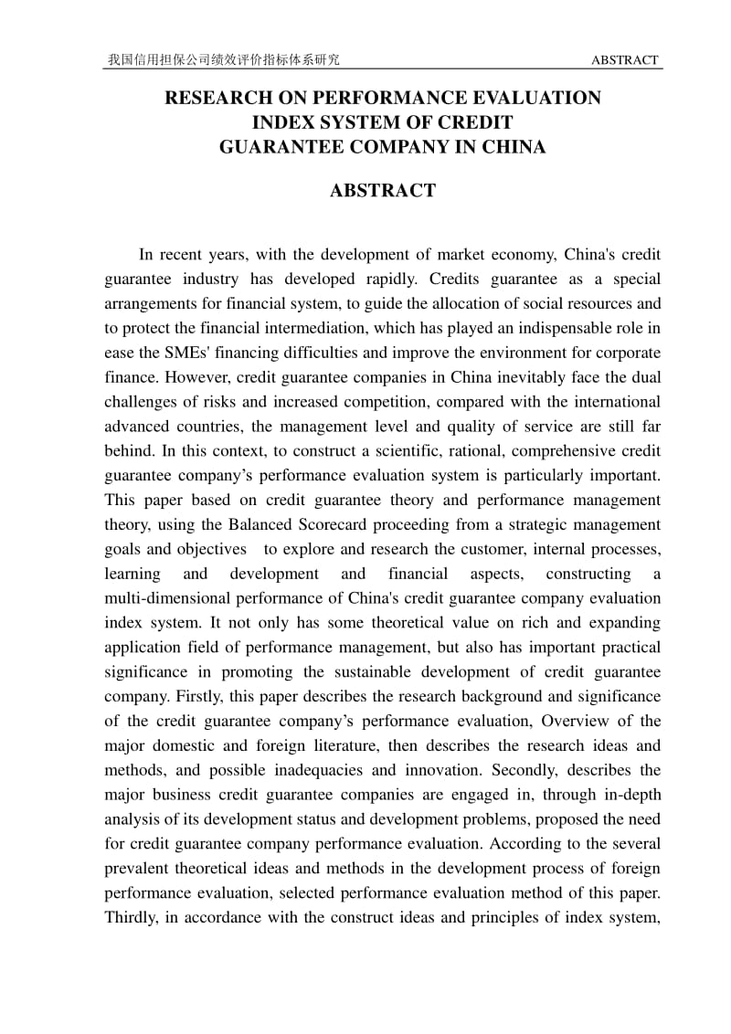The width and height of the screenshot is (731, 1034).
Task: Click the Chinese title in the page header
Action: coord(224,60)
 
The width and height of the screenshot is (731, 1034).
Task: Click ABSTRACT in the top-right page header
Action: coord(625,60)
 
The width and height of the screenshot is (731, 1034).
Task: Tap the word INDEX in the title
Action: coord(281,121)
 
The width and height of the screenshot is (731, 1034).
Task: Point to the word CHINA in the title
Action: coord(514,146)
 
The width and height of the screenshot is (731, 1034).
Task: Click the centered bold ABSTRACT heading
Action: coord(383,191)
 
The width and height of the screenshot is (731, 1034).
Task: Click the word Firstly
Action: coord(176,697)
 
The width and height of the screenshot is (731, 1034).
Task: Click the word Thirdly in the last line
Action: coord(131,918)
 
